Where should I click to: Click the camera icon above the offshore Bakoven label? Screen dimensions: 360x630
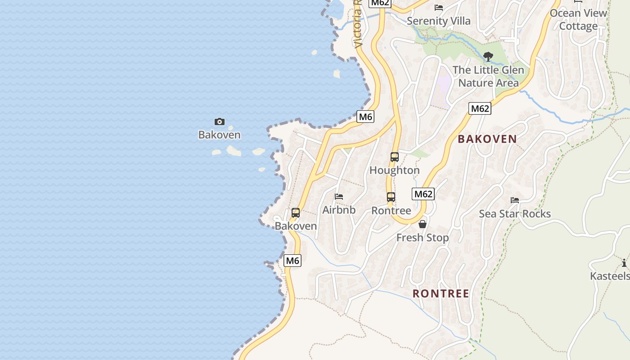pos(220,121)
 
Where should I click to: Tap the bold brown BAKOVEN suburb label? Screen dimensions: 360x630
pos(487,139)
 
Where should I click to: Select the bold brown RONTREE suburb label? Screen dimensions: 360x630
pos(441,294)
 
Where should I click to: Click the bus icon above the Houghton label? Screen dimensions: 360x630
pos(395,157)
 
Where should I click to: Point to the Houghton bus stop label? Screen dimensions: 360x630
pos(395,171)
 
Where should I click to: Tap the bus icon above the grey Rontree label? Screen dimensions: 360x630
pos(391,197)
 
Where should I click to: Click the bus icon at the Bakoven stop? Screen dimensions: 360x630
pos(296,213)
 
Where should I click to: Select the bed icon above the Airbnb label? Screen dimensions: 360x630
pos(339,197)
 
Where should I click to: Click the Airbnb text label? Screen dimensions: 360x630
pos(339,210)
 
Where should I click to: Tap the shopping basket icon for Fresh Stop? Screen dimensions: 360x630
pos(423,224)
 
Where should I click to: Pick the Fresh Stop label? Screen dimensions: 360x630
pos(423,238)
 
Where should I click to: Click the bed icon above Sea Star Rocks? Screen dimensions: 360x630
pos(515,200)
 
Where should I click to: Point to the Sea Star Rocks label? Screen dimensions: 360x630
pos(515,214)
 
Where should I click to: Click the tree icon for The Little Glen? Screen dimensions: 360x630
pos(488,57)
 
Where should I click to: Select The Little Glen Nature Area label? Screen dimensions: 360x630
pos(488,76)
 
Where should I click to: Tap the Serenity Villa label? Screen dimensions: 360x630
pos(439,21)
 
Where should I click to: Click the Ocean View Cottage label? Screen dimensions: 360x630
pos(578,19)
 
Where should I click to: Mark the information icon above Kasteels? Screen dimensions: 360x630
pos(624,263)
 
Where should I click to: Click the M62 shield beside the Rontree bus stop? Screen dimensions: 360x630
pos(423,194)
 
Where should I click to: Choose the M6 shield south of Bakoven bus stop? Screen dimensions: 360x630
pos(292,261)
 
